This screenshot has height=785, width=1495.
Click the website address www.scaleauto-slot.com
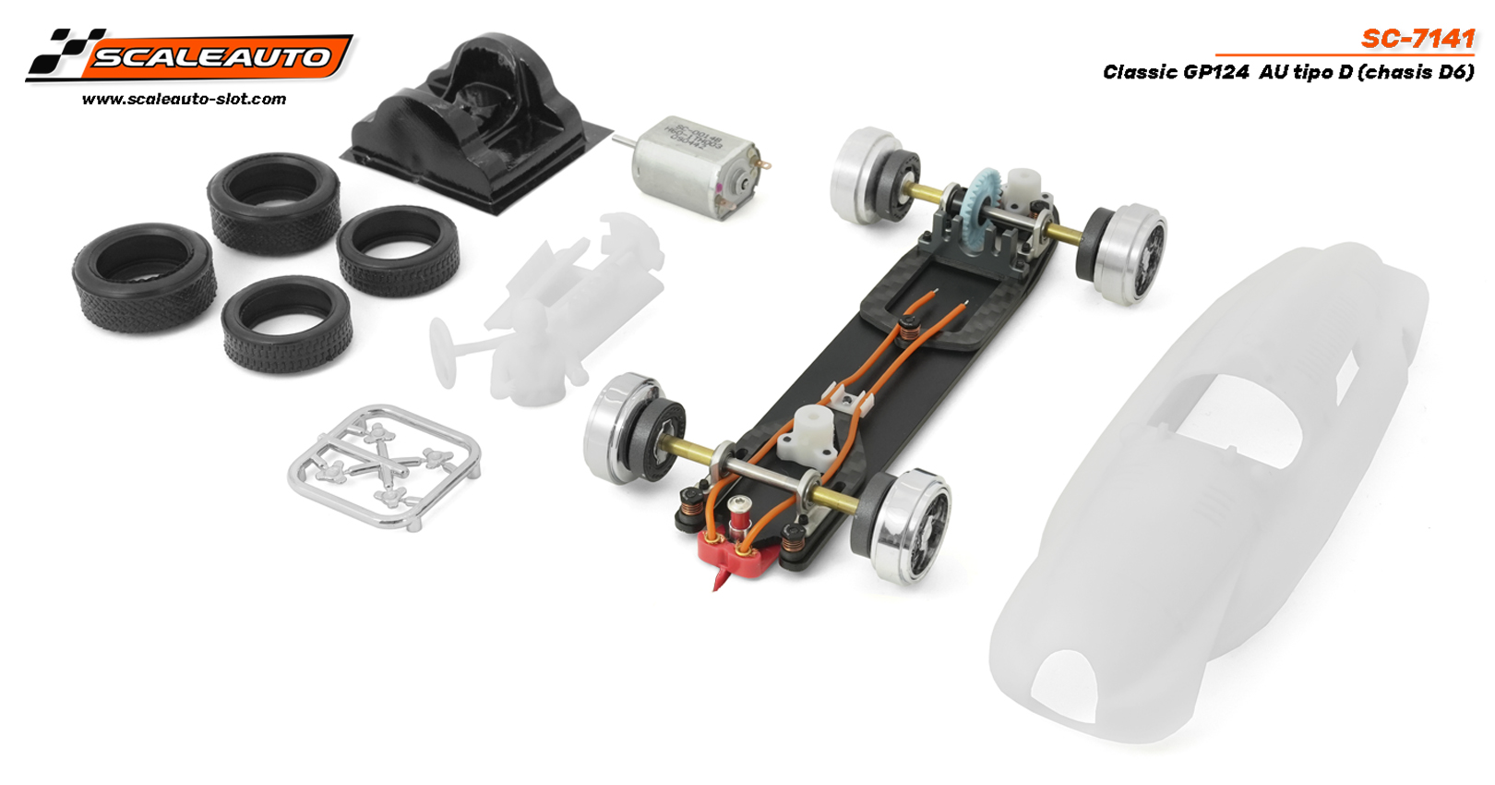coord(184,99)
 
